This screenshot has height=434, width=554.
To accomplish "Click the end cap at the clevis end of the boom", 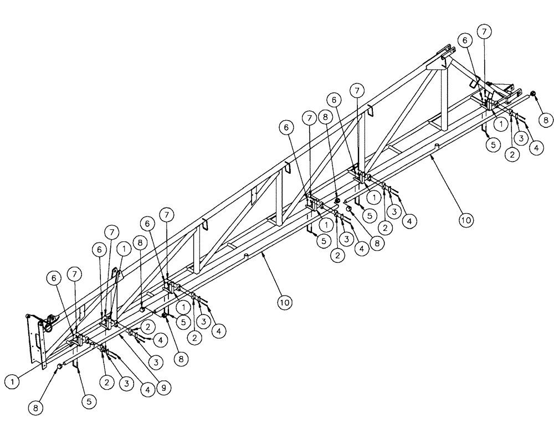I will pyautogui.click(x=533, y=95).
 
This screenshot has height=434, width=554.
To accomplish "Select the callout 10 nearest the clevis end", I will pyautogui.click(x=466, y=220).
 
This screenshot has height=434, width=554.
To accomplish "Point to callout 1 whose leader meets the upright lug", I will pyautogui.click(x=124, y=250).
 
